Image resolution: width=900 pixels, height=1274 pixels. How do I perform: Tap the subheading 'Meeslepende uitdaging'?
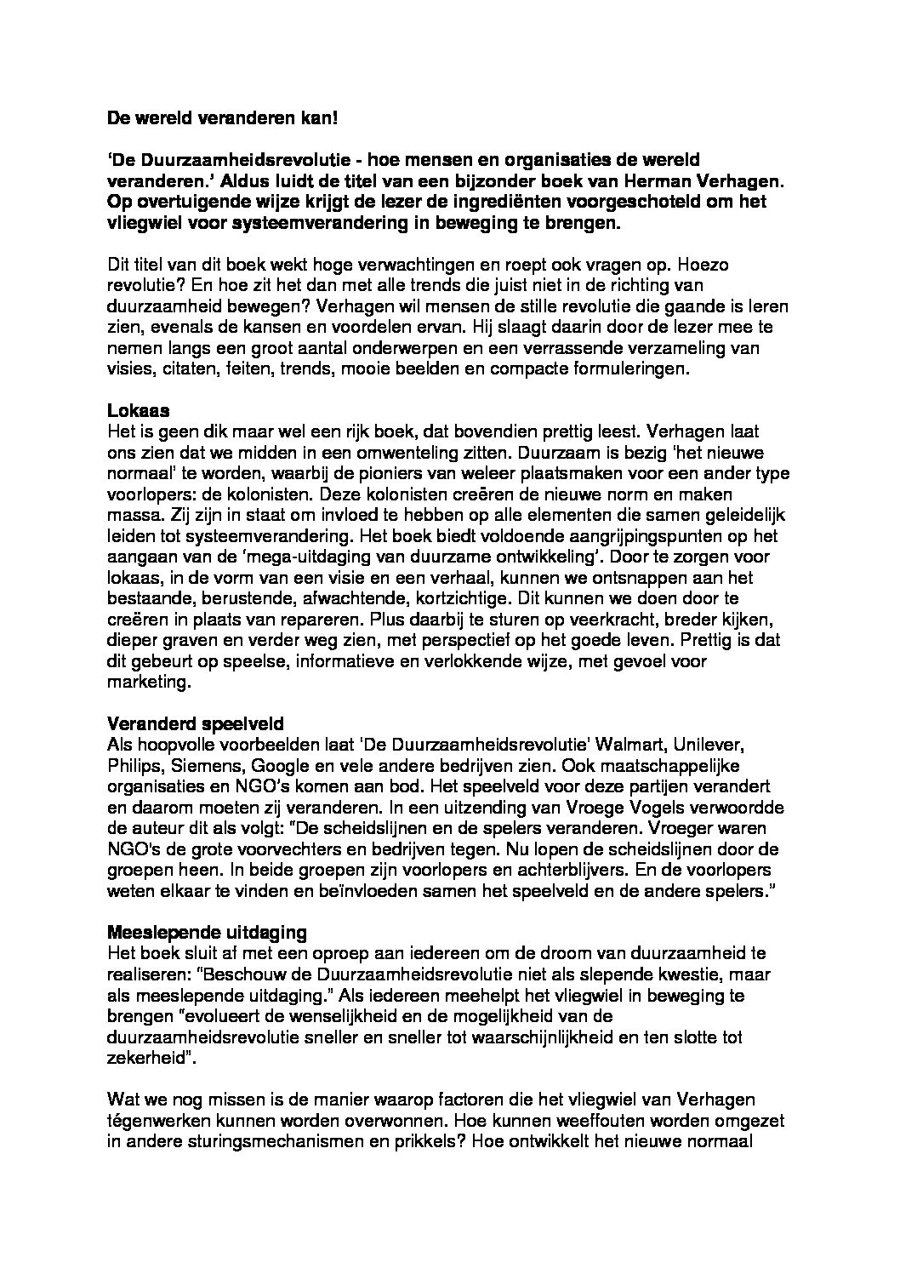[x=199, y=931]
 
